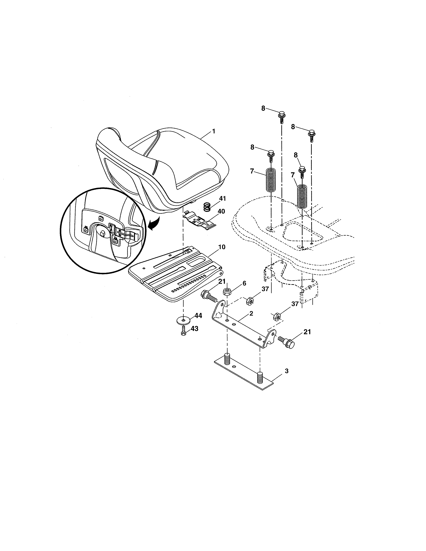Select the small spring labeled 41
tap(207, 208)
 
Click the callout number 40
tap(221, 211)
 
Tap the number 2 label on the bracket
tap(251, 314)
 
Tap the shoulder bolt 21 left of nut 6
tap(209, 296)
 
